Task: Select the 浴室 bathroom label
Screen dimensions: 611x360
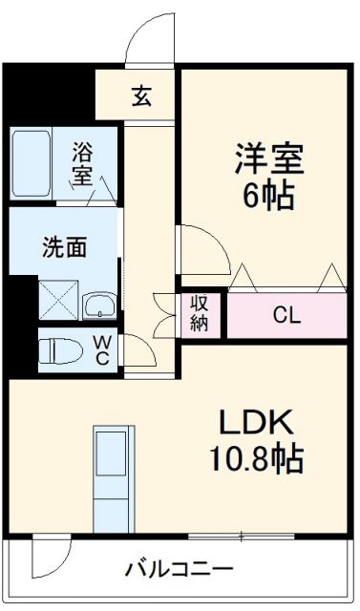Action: click(x=84, y=163)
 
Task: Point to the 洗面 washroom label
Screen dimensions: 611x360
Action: click(x=64, y=247)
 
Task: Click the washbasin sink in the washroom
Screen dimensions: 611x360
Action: click(x=98, y=305)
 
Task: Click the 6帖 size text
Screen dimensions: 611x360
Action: click(x=269, y=198)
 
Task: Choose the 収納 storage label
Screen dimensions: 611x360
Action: click(x=200, y=313)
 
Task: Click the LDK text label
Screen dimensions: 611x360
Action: click(x=257, y=421)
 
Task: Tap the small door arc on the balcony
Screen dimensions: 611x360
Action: click(x=48, y=558)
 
